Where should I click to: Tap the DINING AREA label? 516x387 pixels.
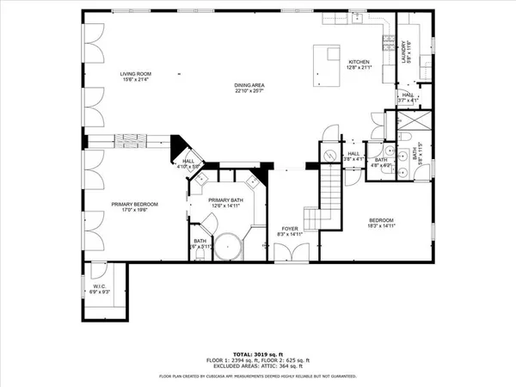(249, 86)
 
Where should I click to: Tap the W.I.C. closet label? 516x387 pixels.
(100, 289)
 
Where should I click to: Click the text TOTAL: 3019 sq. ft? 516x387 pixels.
(257, 353)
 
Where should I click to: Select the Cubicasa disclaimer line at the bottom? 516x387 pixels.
(257, 377)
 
